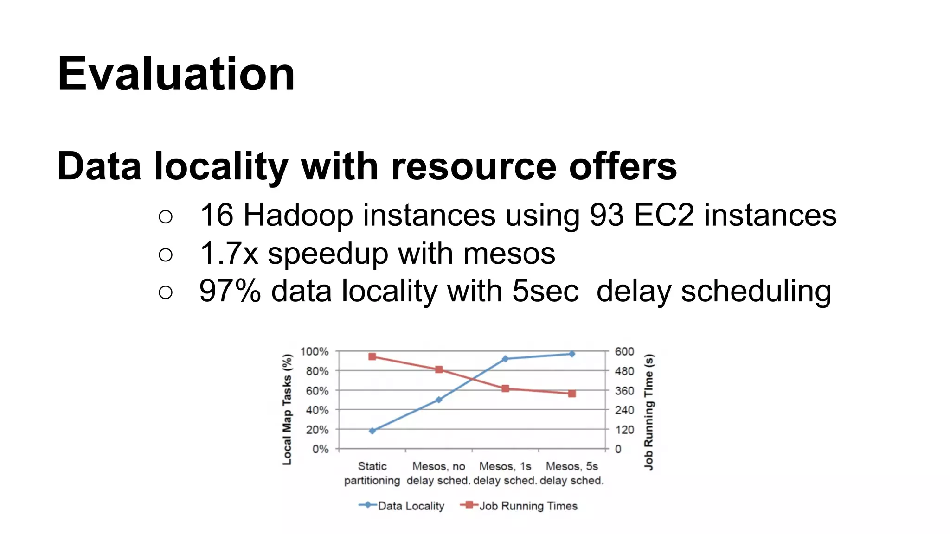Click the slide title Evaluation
click(x=176, y=74)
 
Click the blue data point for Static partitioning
click(x=372, y=431)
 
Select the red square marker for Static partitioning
click(x=372, y=356)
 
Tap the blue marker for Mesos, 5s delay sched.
click(x=572, y=354)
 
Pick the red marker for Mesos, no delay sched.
click(x=439, y=369)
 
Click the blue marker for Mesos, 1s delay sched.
click(x=505, y=359)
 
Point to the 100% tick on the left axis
click(x=315, y=351)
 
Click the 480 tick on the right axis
click(x=624, y=371)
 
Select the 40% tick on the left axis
click(x=317, y=410)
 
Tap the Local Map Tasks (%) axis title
click(x=288, y=409)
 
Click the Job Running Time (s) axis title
click(x=648, y=412)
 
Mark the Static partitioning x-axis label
click(x=372, y=473)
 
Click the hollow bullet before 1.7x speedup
click(x=166, y=254)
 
